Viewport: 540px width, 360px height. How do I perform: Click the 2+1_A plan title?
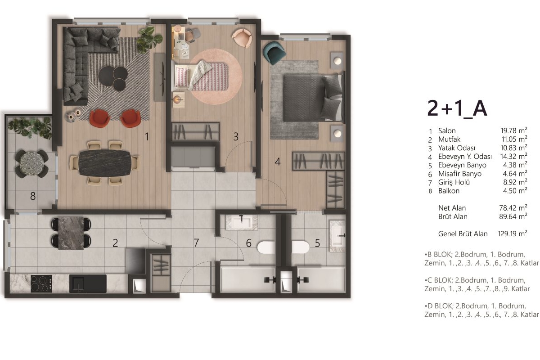click(457, 109)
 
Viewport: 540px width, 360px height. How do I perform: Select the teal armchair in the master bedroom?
click(274, 53)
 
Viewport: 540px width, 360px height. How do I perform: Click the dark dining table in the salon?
click(105, 163)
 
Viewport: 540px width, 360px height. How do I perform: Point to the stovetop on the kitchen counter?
click(41, 284)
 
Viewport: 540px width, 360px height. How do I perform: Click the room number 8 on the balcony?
click(33, 196)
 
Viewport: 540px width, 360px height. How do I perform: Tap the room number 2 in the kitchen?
click(115, 243)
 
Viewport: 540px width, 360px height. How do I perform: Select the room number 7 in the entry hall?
click(196, 243)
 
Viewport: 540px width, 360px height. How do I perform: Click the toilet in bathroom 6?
click(266, 247)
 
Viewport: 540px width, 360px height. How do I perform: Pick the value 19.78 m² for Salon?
click(514, 130)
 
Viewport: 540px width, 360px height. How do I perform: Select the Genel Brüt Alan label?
click(463, 234)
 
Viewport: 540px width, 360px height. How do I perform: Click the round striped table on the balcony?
click(31, 164)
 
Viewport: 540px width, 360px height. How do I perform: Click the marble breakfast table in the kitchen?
click(71, 233)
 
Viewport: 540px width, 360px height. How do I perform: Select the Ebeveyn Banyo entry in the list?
click(462, 165)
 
